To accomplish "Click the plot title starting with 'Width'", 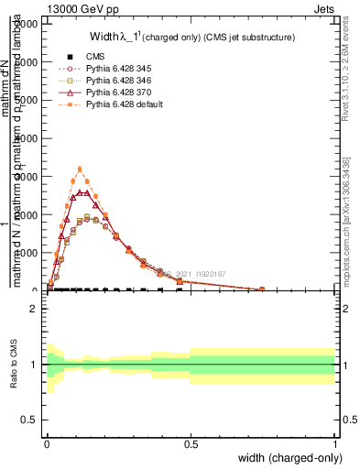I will [x=191, y=38].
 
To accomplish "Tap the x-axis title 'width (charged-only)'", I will [x=291, y=457].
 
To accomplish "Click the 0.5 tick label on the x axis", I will [x=191, y=443].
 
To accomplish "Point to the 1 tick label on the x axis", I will [x=334, y=443].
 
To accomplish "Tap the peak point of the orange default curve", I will [x=81, y=169].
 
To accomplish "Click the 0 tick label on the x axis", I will [x=47, y=443].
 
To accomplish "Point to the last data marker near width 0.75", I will [x=262, y=289].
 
